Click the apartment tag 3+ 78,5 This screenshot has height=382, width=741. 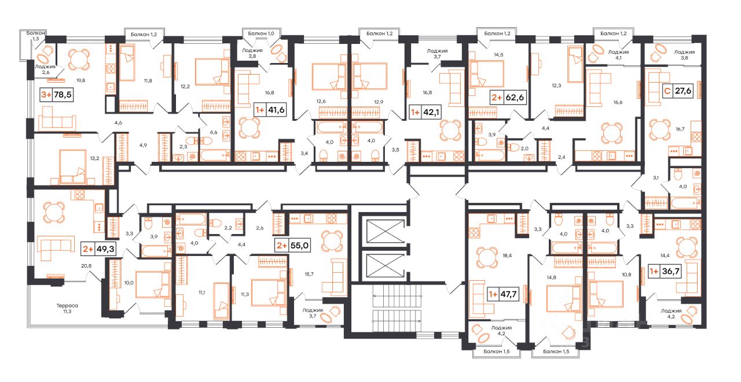[56, 95]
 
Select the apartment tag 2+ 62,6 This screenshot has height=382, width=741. [508, 98]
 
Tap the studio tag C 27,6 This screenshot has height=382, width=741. [678, 91]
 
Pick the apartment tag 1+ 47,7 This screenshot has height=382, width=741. [503, 294]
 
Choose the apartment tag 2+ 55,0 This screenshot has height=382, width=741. [293, 246]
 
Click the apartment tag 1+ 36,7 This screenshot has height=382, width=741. [665, 272]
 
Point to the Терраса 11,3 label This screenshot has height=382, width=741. [67, 309]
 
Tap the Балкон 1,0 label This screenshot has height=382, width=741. [261, 34]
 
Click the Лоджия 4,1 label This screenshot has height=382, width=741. [618, 54]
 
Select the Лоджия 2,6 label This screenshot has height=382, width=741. [45, 69]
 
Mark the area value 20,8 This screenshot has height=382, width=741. [86, 266]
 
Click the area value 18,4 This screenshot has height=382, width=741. [507, 255]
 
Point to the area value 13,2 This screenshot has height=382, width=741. [94, 158]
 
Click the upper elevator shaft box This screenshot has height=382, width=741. [386, 231]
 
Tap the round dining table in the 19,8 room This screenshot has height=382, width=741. [79, 60]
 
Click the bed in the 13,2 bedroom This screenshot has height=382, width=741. [72, 166]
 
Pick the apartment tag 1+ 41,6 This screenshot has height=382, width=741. [270, 110]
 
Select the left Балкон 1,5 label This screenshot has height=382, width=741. [497, 351]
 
